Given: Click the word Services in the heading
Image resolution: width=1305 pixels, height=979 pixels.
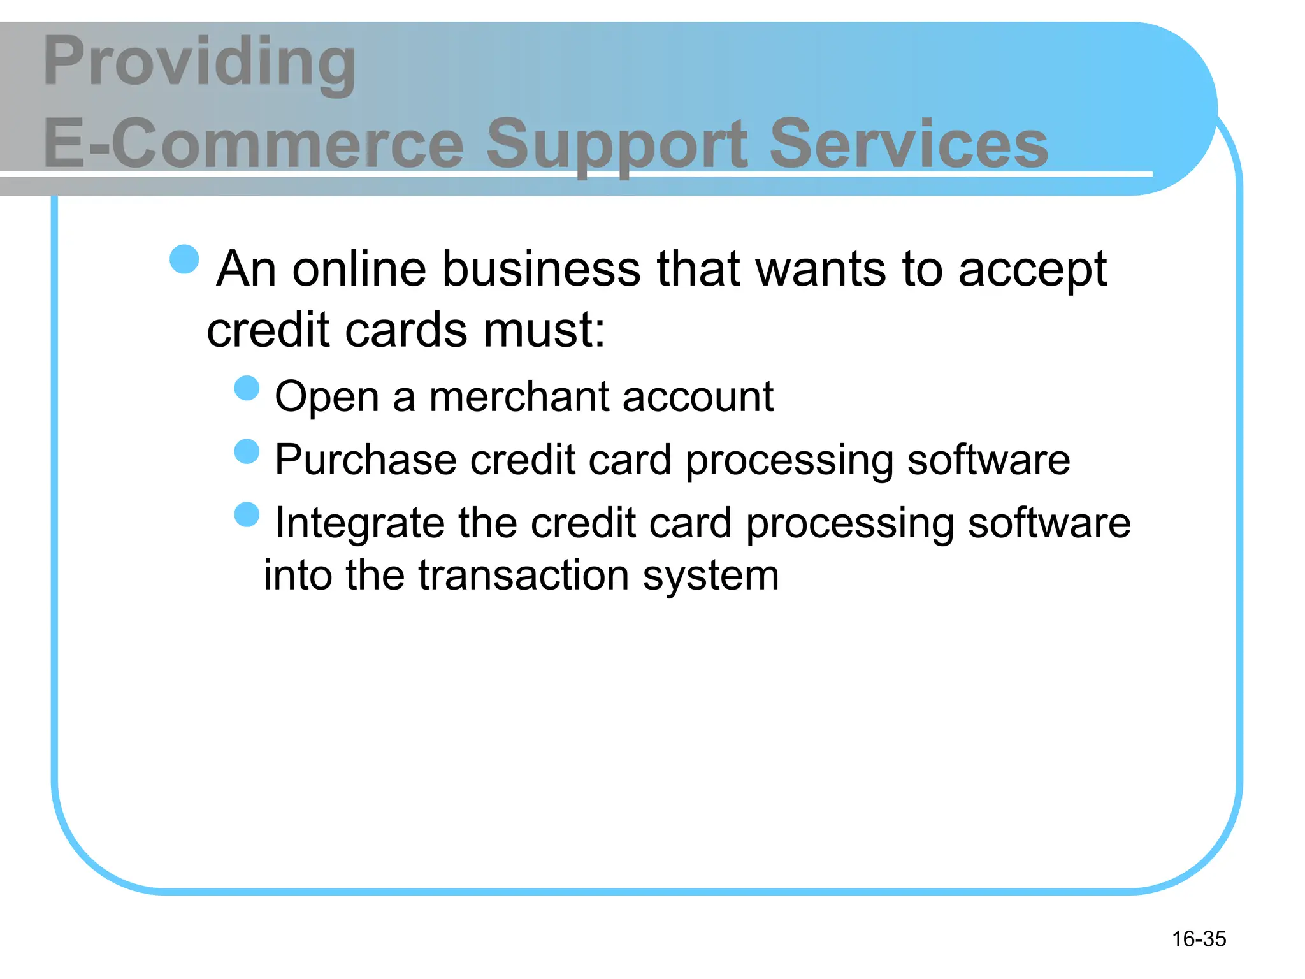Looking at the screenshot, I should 909,144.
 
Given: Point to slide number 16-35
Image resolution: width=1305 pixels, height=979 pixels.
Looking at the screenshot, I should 1199,939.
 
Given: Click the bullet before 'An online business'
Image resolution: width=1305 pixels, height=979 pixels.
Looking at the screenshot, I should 185,259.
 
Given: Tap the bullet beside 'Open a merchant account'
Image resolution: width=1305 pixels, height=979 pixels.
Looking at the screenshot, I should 247,388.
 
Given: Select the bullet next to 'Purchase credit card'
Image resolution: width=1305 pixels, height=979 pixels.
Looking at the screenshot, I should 247,451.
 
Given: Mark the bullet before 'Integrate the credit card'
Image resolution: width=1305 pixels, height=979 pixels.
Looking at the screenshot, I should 247,514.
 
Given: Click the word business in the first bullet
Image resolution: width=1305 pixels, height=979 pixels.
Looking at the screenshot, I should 541,268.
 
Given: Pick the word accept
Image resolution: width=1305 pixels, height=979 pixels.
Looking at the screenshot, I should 1032,270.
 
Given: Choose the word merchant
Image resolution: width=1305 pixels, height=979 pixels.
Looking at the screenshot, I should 519,396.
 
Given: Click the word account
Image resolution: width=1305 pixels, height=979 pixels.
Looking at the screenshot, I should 698,396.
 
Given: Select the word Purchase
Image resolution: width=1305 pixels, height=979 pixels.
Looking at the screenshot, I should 366,460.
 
